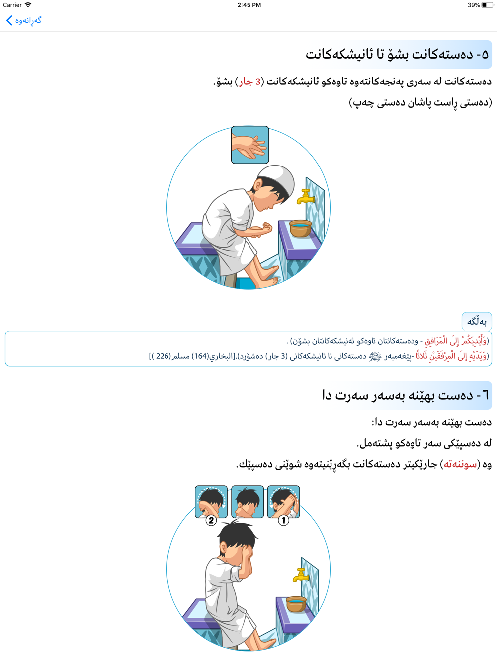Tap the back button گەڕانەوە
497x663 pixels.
[x=24, y=20]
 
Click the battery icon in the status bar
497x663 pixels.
[x=487, y=5]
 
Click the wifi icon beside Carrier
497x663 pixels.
[x=28, y=5]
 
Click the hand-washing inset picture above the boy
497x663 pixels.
[x=250, y=145]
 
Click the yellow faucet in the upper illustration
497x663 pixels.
[x=305, y=196]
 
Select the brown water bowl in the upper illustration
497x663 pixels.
[x=300, y=228]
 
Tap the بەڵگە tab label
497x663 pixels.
[x=477, y=321]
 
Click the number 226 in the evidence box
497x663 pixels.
[x=162, y=356]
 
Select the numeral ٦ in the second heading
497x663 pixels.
[x=485, y=395]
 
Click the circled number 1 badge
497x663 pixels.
[x=283, y=520]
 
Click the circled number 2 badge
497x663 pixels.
[x=211, y=520]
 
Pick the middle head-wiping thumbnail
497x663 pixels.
[x=248, y=501]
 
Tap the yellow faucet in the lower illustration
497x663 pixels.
[x=301, y=576]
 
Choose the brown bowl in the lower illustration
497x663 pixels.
[x=296, y=604]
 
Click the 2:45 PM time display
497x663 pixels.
[x=249, y=5]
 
